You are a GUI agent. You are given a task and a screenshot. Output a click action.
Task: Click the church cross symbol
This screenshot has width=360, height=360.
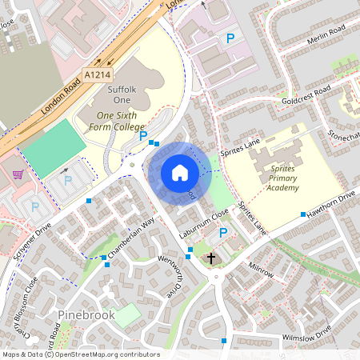tap(211, 258)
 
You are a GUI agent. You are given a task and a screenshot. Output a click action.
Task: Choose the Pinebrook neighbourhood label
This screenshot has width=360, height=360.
tap(86, 315)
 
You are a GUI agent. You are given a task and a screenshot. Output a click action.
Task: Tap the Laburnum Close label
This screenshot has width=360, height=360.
tap(202, 221)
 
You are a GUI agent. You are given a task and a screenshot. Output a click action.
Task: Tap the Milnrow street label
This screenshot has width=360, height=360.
tap(261, 270)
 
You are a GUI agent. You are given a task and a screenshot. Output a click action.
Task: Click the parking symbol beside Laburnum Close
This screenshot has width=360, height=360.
tap(223, 233)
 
